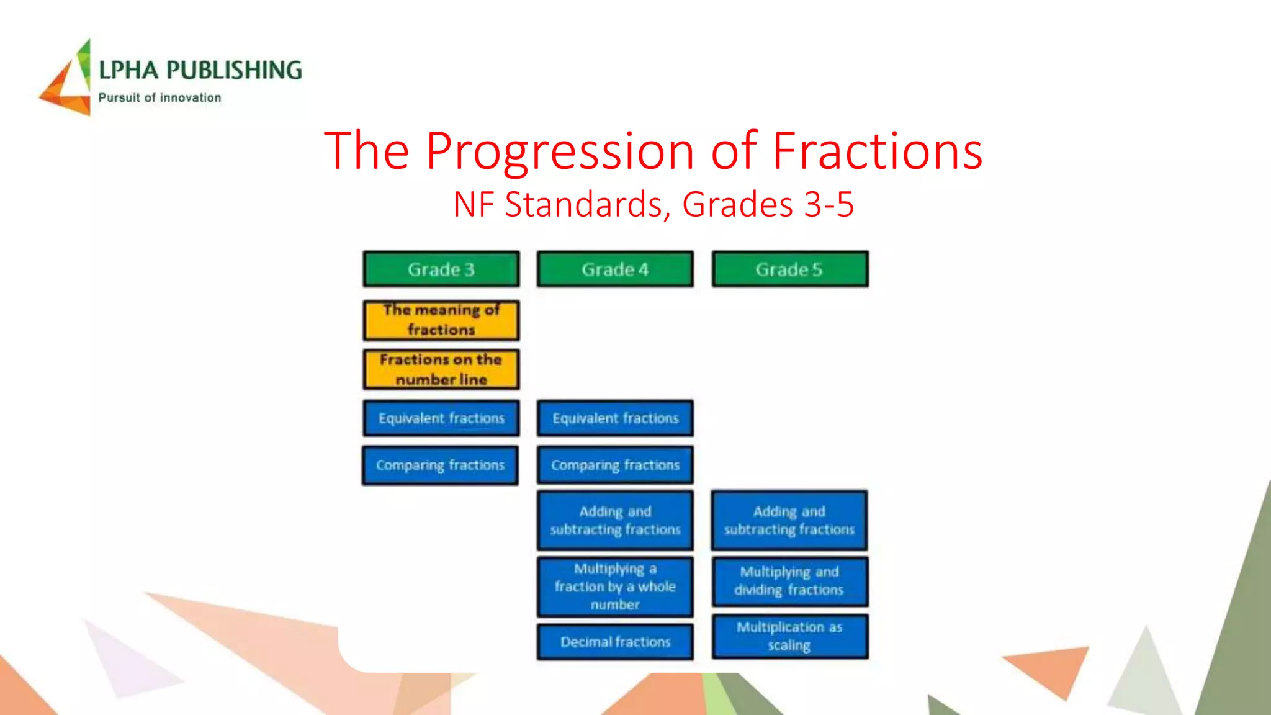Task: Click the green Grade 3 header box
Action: pyautogui.click(x=441, y=269)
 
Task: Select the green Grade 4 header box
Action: pyautogui.click(x=615, y=269)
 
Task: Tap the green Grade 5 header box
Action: pyautogui.click(x=789, y=269)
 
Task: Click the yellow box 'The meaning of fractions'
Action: pyautogui.click(x=441, y=320)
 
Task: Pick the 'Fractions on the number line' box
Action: pyautogui.click(x=441, y=369)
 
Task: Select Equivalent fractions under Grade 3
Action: pyautogui.click(x=441, y=418)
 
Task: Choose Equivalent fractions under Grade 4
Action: pyautogui.click(x=615, y=418)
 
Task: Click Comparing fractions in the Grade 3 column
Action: pyautogui.click(x=440, y=465)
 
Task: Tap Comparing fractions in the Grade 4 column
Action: pyautogui.click(x=615, y=465)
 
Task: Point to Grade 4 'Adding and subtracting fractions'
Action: pyautogui.click(x=615, y=520)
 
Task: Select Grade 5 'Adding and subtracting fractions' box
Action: pyautogui.click(x=789, y=520)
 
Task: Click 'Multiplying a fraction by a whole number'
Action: pyautogui.click(x=615, y=587)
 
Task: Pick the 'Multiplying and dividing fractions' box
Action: pyautogui.click(x=789, y=581)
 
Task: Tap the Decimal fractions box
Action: pyautogui.click(x=615, y=642)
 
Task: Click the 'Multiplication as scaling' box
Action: pyautogui.click(x=789, y=636)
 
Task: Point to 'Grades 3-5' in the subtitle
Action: pyautogui.click(x=768, y=204)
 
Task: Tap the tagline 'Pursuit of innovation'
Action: pyautogui.click(x=159, y=97)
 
